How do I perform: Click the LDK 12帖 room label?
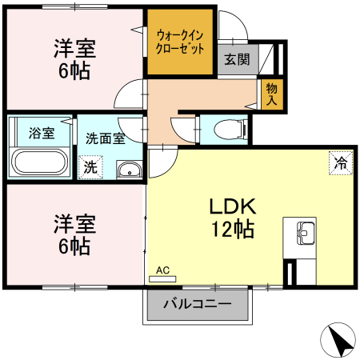pos(232,218)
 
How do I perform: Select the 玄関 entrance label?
pos(237,60)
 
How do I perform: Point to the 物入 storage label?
pos(271,94)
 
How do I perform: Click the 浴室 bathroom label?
pos(42,134)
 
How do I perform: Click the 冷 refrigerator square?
pos(341,163)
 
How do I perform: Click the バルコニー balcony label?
pos(198,305)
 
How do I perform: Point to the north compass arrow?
pos(339,342)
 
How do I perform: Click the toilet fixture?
pos(227,128)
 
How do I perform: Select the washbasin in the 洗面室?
pos(128,170)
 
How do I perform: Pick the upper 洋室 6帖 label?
pos(74,58)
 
